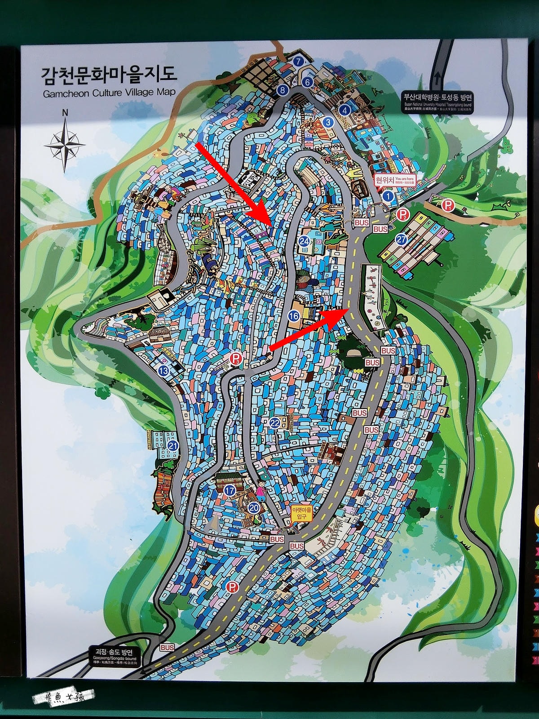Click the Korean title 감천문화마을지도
click(x=109, y=75)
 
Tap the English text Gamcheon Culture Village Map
click(x=109, y=93)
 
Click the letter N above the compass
click(x=65, y=113)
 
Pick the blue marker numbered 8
click(x=282, y=90)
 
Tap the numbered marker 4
click(x=345, y=110)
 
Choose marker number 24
click(x=305, y=241)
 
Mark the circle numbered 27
click(x=401, y=240)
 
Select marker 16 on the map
click(x=294, y=316)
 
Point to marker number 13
click(x=163, y=371)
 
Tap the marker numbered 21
click(x=173, y=445)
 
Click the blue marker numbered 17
click(x=230, y=490)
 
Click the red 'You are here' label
click(x=395, y=180)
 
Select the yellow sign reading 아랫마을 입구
click(x=301, y=514)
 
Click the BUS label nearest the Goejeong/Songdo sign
click(x=167, y=648)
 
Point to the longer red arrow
click(x=234, y=184)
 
